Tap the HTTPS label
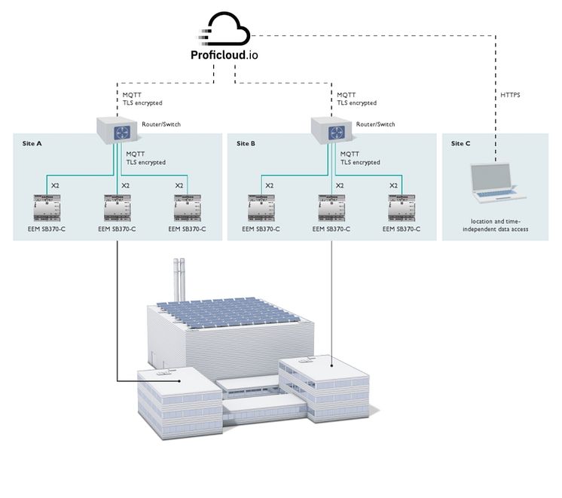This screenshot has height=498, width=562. [x=510, y=96]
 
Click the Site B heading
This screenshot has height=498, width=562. [x=246, y=143]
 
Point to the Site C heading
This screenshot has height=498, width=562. [x=460, y=143]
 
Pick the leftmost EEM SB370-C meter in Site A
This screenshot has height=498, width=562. [x=47, y=207]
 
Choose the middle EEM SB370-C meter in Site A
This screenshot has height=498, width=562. [x=118, y=207]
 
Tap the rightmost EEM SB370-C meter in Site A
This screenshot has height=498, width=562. [x=188, y=207]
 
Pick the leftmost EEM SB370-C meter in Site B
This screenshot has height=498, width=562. [x=261, y=207]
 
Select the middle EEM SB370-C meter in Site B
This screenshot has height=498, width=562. [x=331, y=207]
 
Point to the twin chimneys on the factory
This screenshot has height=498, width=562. [x=179, y=276]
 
